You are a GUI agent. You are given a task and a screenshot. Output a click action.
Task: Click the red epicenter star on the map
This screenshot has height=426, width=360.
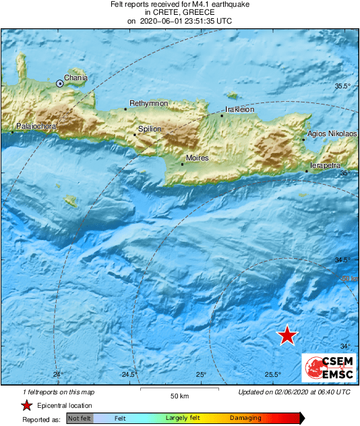[288, 335]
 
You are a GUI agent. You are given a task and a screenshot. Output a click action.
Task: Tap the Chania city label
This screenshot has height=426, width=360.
[75, 78]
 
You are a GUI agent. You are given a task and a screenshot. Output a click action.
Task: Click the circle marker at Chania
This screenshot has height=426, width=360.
[60, 84]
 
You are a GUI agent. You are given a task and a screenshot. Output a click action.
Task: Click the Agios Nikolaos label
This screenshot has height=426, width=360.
[332, 134]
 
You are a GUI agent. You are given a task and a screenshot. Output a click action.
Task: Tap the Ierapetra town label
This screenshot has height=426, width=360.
[325, 165]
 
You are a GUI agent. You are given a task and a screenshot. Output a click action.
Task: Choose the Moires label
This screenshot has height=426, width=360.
[197, 158]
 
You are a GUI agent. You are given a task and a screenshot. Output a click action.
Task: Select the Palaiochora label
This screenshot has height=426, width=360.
[36, 126]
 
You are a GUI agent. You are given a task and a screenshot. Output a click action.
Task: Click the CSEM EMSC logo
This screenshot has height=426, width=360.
[328, 368]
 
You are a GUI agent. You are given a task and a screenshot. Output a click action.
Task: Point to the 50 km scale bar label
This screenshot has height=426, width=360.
[179, 395]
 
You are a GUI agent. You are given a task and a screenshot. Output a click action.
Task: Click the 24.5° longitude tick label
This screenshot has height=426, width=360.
[129, 375]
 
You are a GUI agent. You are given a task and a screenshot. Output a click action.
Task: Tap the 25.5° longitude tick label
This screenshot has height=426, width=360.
[273, 375]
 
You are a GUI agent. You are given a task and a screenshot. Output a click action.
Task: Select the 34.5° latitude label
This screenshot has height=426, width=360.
[343, 260]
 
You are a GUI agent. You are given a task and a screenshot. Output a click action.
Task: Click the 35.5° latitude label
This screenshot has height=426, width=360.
[343, 86]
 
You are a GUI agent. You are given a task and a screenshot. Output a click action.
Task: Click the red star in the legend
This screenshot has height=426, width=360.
[26, 405]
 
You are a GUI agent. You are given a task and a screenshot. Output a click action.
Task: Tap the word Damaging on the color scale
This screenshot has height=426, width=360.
[245, 418]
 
